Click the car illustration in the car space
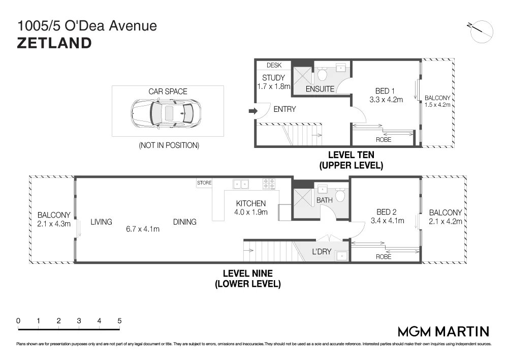[x=166, y=113]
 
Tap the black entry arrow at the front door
[x=253, y=111]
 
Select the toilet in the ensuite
[x=322, y=74]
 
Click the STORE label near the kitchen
[x=204, y=183]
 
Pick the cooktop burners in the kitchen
[x=269, y=184]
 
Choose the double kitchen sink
[x=241, y=184]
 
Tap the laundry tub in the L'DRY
[x=342, y=256]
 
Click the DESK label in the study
[x=274, y=65]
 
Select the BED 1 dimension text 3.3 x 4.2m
[x=386, y=100]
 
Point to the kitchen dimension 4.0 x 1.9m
[x=251, y=213]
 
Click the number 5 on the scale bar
[x=119, y=321]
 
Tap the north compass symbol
[x=481, y=32]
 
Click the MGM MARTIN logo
[x=443, y=332]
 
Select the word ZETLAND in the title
[x=54, y=43]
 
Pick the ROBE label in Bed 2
[x=384, y=257]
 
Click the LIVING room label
[x=102, y=222]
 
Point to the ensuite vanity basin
[x=341, y=68]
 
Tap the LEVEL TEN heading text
[x=351, y=155]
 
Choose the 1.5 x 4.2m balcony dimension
[x=437, y=105]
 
